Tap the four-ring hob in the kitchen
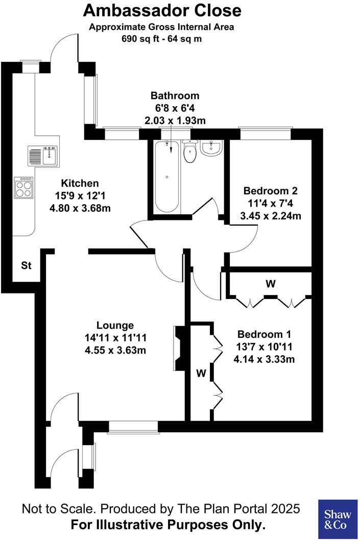[x=24, y=187]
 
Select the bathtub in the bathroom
[x=167, y=177]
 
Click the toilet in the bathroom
[x=190, y=152]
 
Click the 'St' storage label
[x=26, y=265]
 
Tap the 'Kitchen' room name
[x=80, y=183]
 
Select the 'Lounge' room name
[x=115, y=325]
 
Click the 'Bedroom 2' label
[x=270, y=191]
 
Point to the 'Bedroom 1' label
[x=264, y=334]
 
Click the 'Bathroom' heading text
[x=175, y=95]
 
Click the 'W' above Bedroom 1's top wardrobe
[x=270, y=284]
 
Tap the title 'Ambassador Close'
[x=162, y=10]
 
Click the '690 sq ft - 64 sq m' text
[x=161, y=38]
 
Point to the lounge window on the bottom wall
[x=133, y=428]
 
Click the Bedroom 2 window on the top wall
[x=266, y=134]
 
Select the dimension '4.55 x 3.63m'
[x=115, y=350]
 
